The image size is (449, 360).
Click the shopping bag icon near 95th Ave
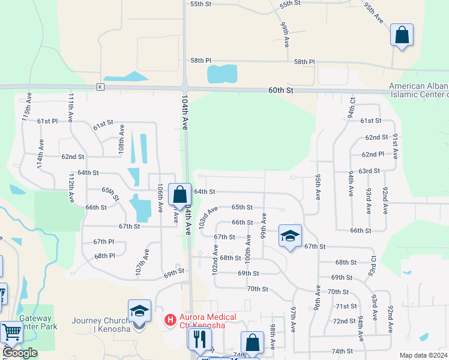click(x=402, y=35)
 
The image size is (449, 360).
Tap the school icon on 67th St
click(x=290, y=236)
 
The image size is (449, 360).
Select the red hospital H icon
click(x=170, y=320)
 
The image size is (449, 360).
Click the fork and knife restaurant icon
click(x=199, y=340)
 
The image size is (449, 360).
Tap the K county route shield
click(x=100, y=88)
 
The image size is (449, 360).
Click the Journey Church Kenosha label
click(x=99, y=324)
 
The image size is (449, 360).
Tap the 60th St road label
click(x=280, y=90)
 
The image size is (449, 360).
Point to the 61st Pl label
click(x=47, y=121)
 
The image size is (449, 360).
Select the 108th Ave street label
click(x=122, y=140)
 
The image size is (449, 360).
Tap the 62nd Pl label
click(x=373, y=154)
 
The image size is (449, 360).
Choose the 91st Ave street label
click(x=395, y=146)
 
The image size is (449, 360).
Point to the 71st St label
click(x=346, y=306)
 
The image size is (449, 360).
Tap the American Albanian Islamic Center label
click(x=418, y=90)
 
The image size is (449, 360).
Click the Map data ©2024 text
click(x=423, y=355)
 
